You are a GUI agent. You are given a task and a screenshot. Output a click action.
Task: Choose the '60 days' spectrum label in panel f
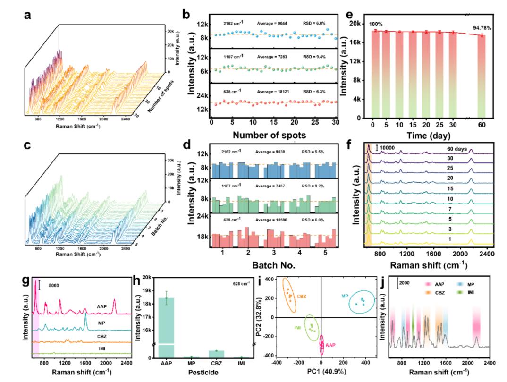pos(458,148)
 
